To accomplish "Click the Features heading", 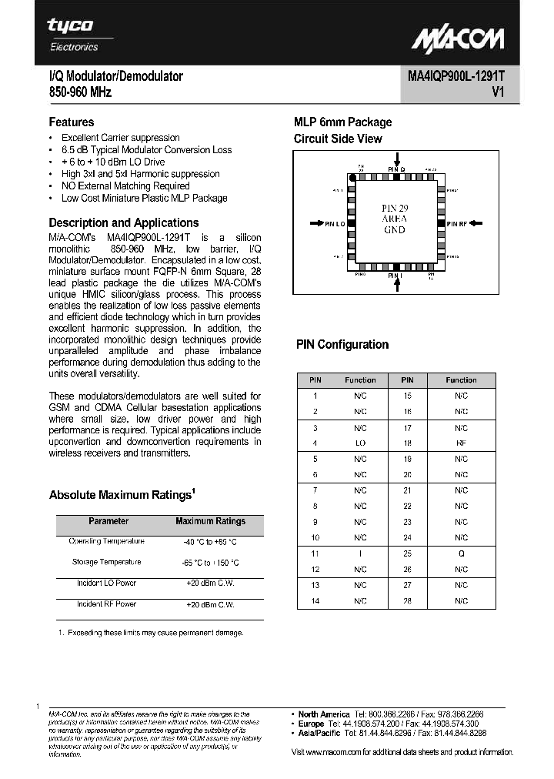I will tap(72, 122).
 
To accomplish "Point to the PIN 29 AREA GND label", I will tap(395, 219).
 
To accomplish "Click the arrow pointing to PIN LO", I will tap(315, 223).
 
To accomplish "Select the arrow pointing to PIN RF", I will tap(476, 223).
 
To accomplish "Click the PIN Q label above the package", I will tap(396, 168).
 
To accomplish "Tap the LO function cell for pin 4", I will tap(360, 443).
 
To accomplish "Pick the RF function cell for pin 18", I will tap(461, 443).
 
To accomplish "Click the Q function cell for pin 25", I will tap(461, 553).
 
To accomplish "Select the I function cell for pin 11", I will tap(360, 553).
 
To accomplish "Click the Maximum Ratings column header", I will tap(210, 521).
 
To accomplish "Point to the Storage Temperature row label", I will tap(106, 562).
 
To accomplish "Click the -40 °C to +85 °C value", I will tap(210, 542).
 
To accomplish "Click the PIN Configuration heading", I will tap(342, 345).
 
